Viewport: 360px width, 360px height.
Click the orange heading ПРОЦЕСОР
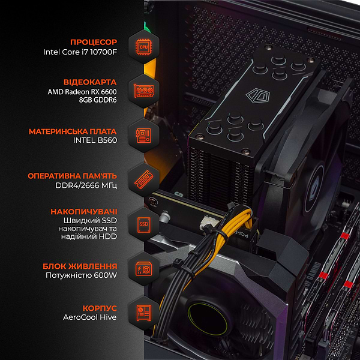(x=94, y=42)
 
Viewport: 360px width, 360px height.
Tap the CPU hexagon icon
(x=143, y=46)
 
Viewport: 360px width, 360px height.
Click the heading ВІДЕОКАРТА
(x=90, y=82)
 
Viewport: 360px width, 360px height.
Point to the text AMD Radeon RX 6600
(x=83, y=91)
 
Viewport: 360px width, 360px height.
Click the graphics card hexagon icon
(x=143, y=91)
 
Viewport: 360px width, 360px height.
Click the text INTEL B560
(x=97, y=141)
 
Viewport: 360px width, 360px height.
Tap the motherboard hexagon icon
(x=143, y=135)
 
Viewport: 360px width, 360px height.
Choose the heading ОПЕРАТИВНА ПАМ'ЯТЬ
(x=73, y=176)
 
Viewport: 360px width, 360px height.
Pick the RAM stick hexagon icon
(x=143, y=180)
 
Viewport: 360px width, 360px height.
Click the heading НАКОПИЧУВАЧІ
(x=84, y=212)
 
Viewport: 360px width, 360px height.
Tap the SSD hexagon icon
(x=143, y=224)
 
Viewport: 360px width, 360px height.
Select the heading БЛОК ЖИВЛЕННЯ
(x=80, y=266)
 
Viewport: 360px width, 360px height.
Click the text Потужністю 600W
(x=82, y=276)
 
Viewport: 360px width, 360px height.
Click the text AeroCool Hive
(x=90, y=317)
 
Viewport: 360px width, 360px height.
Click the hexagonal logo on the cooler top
(x=252, y=95)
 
